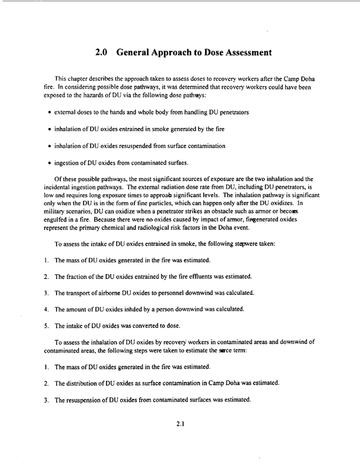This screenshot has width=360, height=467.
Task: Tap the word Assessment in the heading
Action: (242, 52)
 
